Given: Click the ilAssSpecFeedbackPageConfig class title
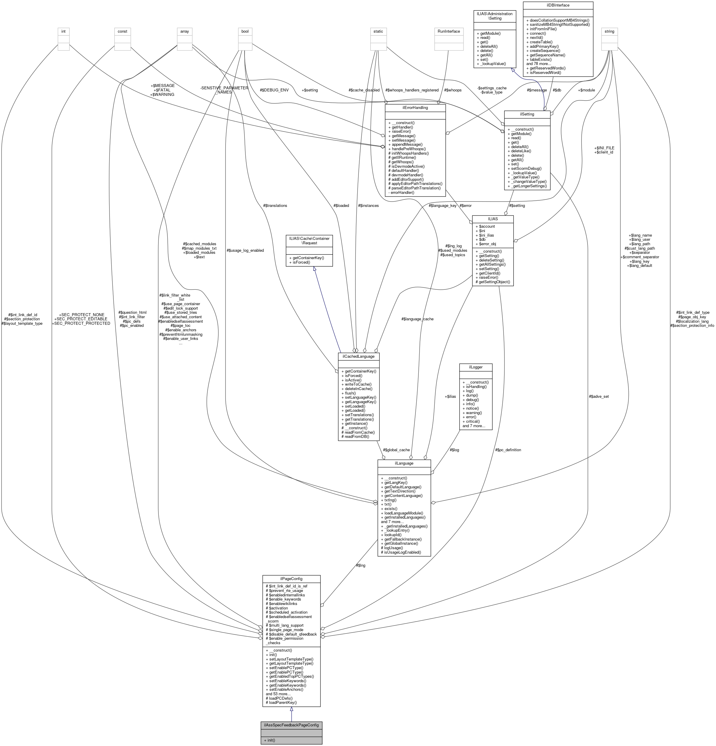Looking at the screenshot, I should coord(291,725).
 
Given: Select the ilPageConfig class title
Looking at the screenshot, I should coord(291,578).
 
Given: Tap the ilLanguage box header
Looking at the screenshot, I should coord(404,463).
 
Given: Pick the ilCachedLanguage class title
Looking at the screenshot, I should coord(359,356).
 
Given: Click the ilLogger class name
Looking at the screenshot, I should coord(476,367).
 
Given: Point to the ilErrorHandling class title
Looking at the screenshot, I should coord(415,108).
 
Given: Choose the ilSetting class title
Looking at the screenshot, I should coord(527,114).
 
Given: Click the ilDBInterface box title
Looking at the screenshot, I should coord(558,5).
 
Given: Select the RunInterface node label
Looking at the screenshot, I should coord(449,31).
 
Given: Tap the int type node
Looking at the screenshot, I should coord(63,31).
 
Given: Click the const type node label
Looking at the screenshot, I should coord(123,31).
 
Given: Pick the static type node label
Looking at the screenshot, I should coord(378,31).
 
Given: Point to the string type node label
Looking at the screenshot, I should coord(609,31).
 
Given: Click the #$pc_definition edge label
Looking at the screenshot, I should coord(508,450).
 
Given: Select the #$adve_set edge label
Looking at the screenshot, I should coord(599,396).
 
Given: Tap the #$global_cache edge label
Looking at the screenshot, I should coord(396,450).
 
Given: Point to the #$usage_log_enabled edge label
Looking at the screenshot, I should coord(245,251).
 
